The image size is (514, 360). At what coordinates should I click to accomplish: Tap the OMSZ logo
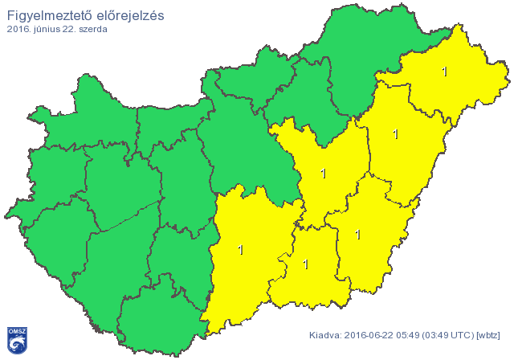(17, 340)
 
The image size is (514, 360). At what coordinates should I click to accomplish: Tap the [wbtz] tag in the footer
(488, 335)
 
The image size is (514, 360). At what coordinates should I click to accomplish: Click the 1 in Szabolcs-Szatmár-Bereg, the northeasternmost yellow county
(445, 72)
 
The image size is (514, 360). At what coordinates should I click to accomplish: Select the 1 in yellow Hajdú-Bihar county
(395, 134)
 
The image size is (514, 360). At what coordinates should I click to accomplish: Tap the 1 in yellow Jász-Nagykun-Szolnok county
(323, 174)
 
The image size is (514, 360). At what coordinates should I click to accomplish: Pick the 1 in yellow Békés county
(357, 235)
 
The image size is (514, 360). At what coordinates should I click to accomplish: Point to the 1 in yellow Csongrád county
(305, 264)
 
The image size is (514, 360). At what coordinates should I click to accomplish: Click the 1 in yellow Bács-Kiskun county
(241, 250)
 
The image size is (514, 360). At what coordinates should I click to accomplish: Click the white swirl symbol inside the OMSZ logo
(17, 344)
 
